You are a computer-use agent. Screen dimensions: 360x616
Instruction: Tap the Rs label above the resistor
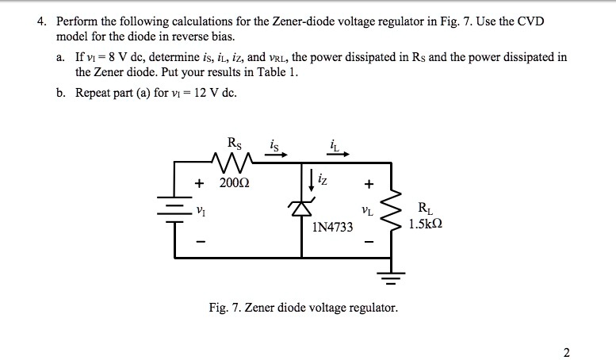pos(235,144)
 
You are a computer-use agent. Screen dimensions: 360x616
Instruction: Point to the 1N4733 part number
pos(333,228)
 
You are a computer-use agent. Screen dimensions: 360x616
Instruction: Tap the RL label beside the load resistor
pos(424,209)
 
